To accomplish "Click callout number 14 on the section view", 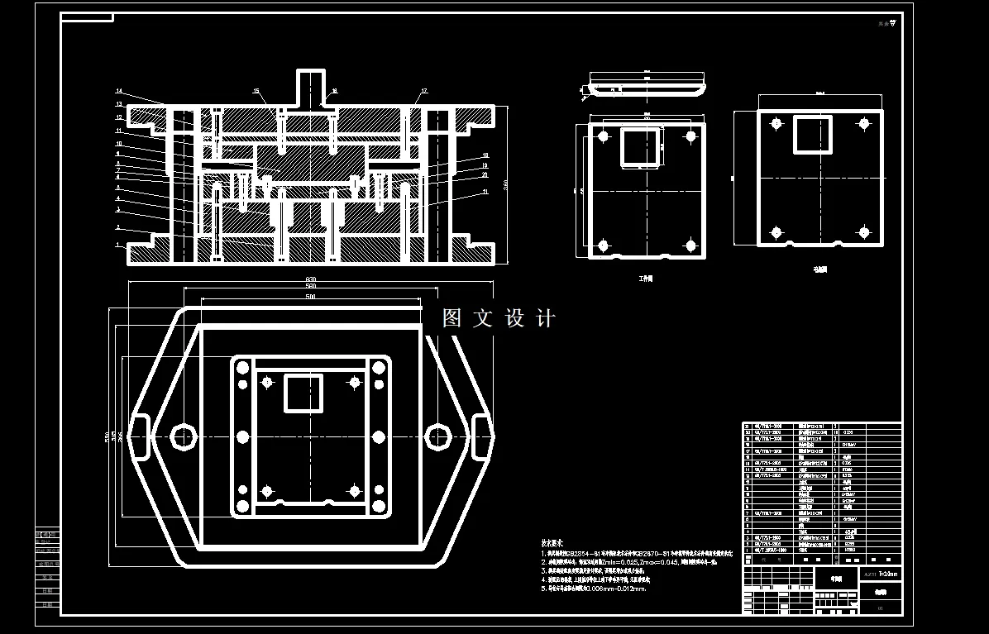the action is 119,91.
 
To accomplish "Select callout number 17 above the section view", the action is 424,90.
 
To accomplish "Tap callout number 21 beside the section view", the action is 485,192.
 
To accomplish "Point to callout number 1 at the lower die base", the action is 118,245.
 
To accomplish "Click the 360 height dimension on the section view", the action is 504,183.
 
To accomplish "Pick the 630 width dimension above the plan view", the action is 309,279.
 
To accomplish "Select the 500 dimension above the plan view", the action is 310,296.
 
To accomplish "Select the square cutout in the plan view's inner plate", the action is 303,393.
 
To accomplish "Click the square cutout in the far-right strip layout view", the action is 813,134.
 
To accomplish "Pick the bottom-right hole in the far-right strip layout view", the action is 863,231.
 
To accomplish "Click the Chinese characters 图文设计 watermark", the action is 499,318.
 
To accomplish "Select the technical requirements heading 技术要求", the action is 554,543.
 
